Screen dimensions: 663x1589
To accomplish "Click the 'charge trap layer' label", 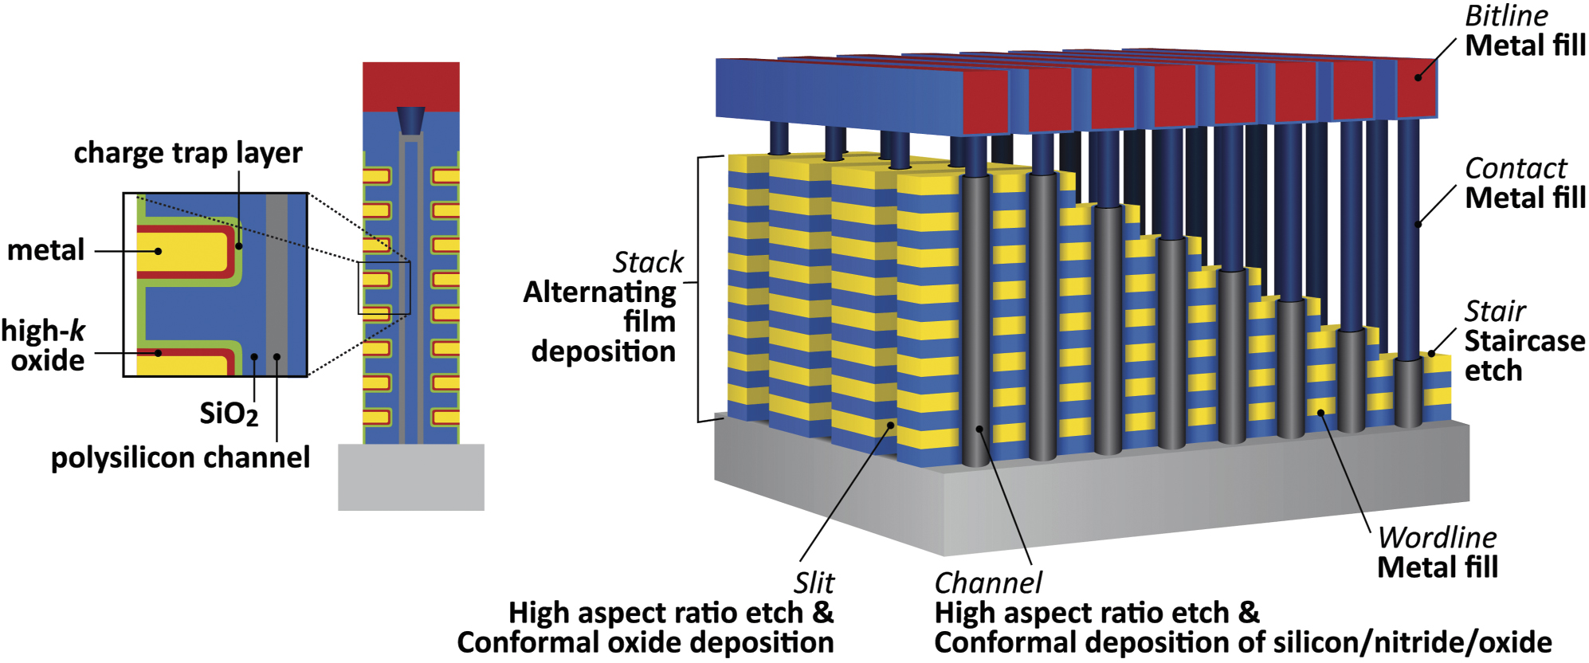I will (x=188, y=153).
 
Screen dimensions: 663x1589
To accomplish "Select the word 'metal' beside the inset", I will (x=45, y=250).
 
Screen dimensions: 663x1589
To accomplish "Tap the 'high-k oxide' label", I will (x=44, y=346).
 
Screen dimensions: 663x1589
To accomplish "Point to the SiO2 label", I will (x=228, y=414).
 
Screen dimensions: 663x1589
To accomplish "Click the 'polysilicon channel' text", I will (x=180, y=457).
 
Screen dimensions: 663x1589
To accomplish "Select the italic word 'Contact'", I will (x=1515, y=168).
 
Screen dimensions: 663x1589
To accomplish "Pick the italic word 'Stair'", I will (x=1494, y=311).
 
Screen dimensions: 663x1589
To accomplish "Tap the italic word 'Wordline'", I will (x=1437, y=537).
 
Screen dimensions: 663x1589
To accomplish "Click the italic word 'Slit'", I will (x=813, y=583).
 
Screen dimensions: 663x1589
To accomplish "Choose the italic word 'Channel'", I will (x=987, y=583).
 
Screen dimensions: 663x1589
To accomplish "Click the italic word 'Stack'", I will (x=648, y=262).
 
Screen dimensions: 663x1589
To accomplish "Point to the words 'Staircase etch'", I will (x=1523, y=355).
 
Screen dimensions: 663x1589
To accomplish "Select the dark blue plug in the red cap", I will (x=410, y=120).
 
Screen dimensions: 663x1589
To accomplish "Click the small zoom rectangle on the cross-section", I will (x=383, y=288).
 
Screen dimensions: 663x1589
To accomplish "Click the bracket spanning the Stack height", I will (x=699, y=287).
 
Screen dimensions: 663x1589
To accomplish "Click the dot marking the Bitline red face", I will (x=1418, y=77).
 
